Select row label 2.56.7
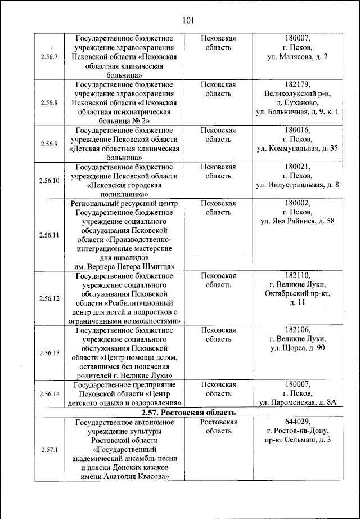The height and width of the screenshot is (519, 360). (x=49, y=57)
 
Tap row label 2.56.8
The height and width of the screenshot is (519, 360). (x=49, y=103)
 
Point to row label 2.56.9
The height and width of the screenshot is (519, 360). (x=49, y=144)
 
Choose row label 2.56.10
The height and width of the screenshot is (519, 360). (x=49, y=180)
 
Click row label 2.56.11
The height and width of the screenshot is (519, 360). (x=49, y=235)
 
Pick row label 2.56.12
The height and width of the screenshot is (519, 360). (x=49, y=298)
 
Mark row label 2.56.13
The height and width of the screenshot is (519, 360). (x=49, y=353)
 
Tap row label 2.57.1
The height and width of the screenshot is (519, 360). (x=49, y=449)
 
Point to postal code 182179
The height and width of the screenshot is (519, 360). (x=298, y=84)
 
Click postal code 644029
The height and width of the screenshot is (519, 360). (x=298, y=422)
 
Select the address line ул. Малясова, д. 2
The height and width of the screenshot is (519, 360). (x=298, y=57)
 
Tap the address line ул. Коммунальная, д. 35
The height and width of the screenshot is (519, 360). (x=298, y=149)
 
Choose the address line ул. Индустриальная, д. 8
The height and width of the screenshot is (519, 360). (x=298, y=185)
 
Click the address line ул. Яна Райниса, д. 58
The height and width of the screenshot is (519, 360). (x=298, y=221)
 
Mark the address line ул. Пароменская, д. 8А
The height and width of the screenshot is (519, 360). (x=298, y=403)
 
